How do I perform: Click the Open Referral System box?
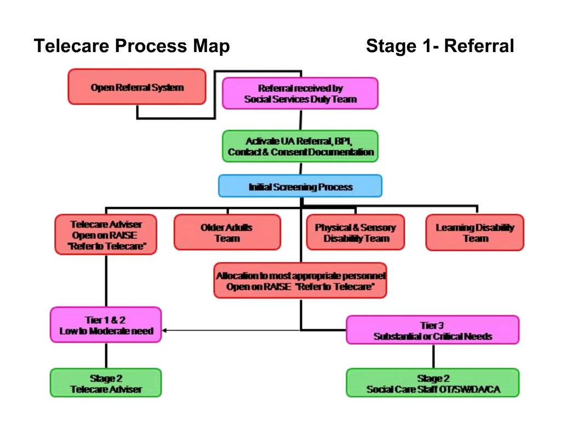pos(136,87)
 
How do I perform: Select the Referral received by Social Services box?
pos(300,93)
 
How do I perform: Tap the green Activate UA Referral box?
pos(300,146)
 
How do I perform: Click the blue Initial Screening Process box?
pos(300,186)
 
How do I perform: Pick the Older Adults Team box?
pos(227,232)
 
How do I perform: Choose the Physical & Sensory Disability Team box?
pos(356,232)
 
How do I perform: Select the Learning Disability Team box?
pos(474,232)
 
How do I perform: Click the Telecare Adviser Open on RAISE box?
pos(106,234)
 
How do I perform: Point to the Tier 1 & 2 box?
pos(106,325)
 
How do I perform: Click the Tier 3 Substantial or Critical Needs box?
pos(432,330)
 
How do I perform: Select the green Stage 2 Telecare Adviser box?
pos(106,383)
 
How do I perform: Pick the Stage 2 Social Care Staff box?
pos(432,383)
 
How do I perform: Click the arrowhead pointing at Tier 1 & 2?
pos(165,330)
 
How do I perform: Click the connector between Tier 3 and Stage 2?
pos(433,356)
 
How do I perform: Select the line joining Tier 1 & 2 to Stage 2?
pos(106,355)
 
